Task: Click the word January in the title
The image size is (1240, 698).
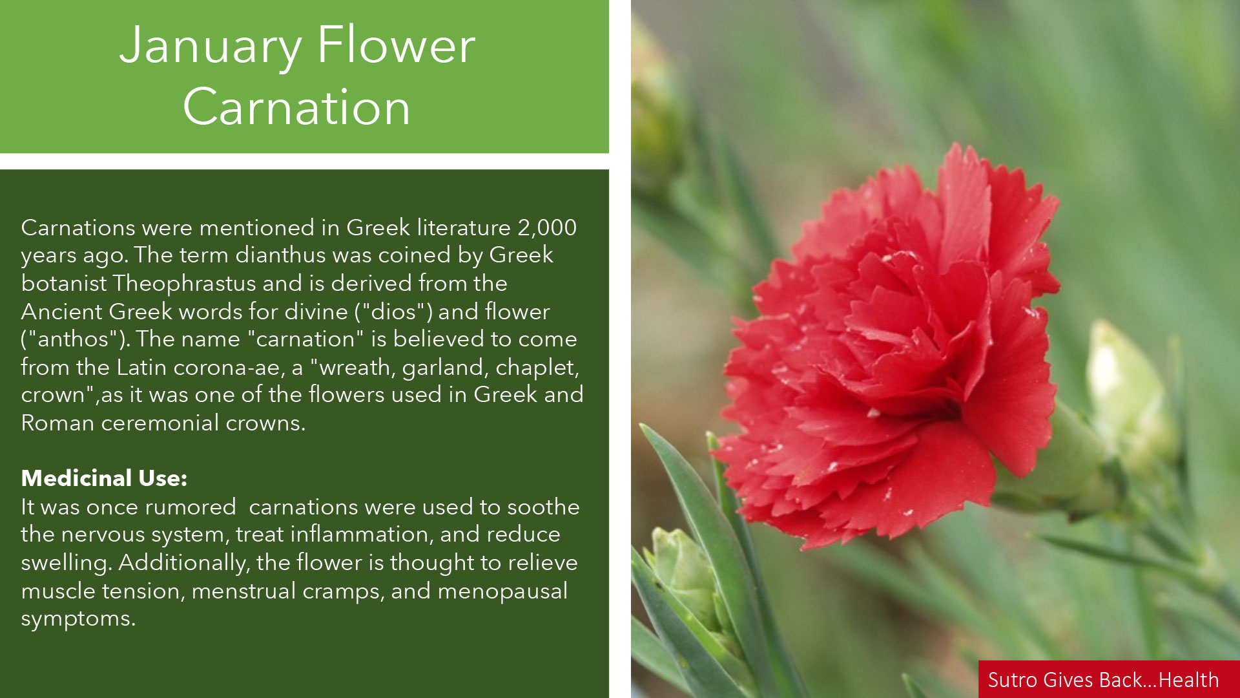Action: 211,46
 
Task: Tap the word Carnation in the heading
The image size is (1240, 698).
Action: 296,107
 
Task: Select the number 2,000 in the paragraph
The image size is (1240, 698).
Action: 547,227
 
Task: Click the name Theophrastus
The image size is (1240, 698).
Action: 185,283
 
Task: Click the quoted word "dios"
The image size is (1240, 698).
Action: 394,312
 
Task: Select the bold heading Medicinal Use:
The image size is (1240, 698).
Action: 104,478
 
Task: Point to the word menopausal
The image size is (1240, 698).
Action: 502,591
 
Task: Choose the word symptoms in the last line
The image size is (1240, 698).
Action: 78,619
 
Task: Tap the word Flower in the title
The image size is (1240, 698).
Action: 396,46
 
